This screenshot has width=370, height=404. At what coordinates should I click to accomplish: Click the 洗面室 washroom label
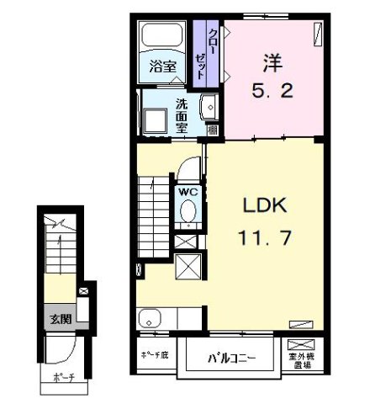[x=181, y=116]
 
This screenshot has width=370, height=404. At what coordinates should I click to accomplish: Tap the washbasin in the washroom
[x=209, y=107]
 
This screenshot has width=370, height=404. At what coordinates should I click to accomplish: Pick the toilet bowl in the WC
[x=187, y=211]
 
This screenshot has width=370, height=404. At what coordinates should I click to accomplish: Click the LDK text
[x=267, y=205]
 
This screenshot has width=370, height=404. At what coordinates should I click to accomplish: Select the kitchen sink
[x=151, y=319]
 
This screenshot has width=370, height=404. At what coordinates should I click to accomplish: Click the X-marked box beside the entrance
[x=83, y=292]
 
